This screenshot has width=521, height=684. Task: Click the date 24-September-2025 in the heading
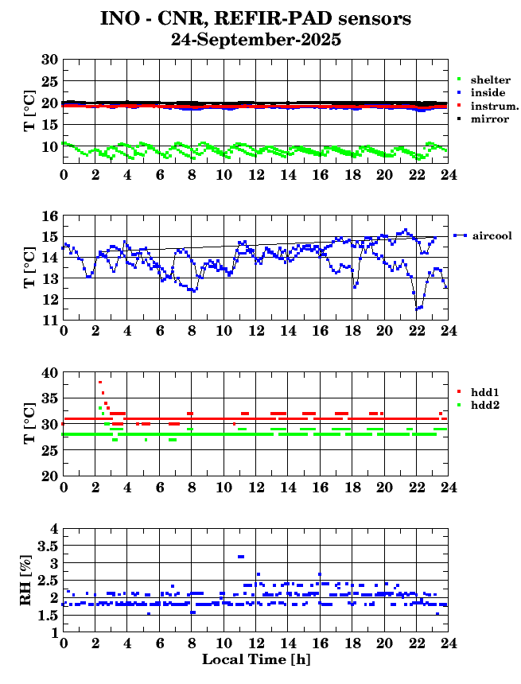256,40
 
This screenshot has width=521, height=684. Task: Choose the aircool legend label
491,235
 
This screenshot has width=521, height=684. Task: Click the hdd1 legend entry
484,392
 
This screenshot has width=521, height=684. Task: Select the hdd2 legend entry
484,405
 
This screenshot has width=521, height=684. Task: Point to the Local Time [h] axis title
255,659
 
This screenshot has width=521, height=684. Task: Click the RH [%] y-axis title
25,581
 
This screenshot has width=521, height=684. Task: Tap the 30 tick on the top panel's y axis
49,60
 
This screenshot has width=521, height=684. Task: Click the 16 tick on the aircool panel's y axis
49,216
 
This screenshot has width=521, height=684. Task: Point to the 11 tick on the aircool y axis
49,320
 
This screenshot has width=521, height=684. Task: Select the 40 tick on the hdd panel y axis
49,372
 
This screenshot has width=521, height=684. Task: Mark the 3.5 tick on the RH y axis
45,546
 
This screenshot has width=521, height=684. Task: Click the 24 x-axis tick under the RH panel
449,643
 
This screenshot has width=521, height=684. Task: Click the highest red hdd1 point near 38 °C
100,383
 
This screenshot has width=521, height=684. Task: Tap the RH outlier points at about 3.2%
241,556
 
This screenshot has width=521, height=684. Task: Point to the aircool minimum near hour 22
417,309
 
